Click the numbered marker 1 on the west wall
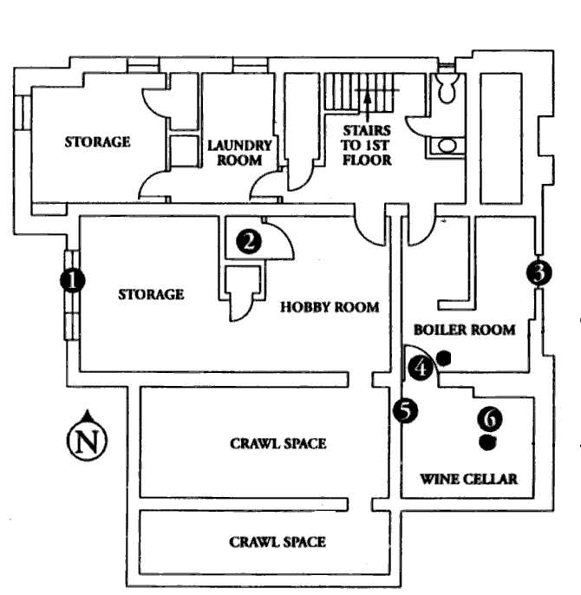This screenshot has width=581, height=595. pyautogui.click(x=72, y=279)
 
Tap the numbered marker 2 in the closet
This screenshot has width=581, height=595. pyautogui.click(x=249, y=241)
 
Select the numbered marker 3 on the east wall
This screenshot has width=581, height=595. pyautogui.click(x=539, y=272)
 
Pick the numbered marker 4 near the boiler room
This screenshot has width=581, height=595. pyautogui.click(x=421, y=367)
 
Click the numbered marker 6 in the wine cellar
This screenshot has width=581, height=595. pyautogui.click(x=490, y=419)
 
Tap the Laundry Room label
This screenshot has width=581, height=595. pyautogui.click(x=240, y=154)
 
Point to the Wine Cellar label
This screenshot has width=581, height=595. pyautogui.click(x=468, y=479)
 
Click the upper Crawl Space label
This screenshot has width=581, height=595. pyautogui.click(x=277, y=443)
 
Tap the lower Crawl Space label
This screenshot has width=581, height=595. pyautogui.click(x=277, y=542)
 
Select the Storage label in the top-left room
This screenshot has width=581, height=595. pyautogui.click(x=97, y=141)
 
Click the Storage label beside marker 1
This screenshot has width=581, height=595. pyautogui.click(x=151, y=294)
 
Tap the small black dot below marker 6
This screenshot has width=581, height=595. pyautogui.click(x=489, y=442)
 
